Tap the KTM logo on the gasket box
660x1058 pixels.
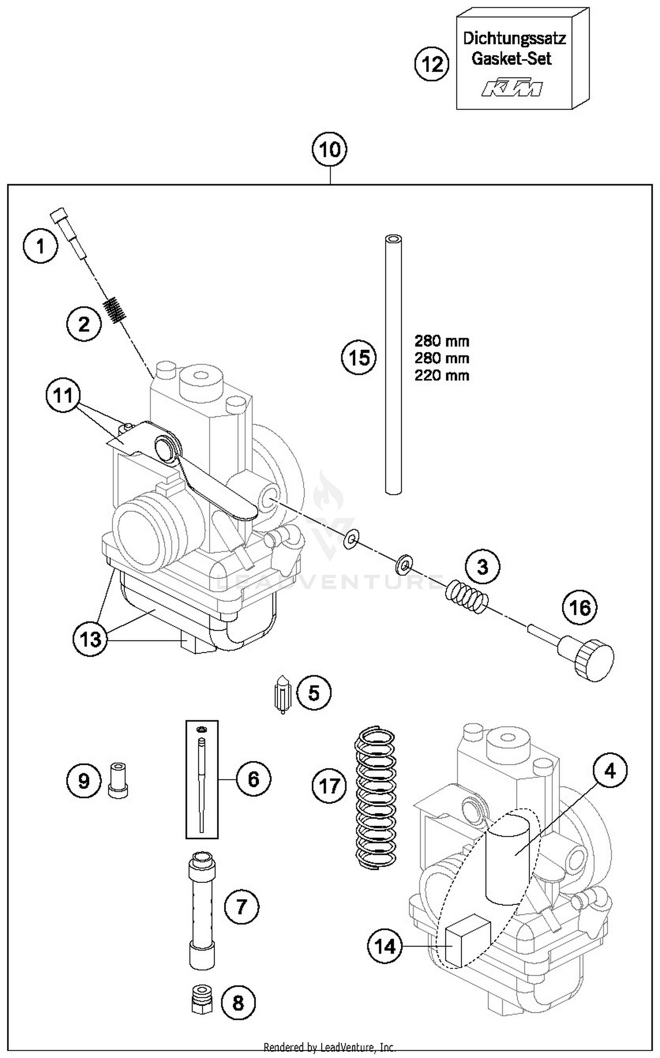coord(511,88)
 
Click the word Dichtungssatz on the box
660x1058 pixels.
coord(514,39)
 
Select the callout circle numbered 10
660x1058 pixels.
coord(330,150)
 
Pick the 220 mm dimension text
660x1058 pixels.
coord(442,375)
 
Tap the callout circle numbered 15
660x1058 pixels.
coord(359,357)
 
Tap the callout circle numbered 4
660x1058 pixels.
coord(610,770)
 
